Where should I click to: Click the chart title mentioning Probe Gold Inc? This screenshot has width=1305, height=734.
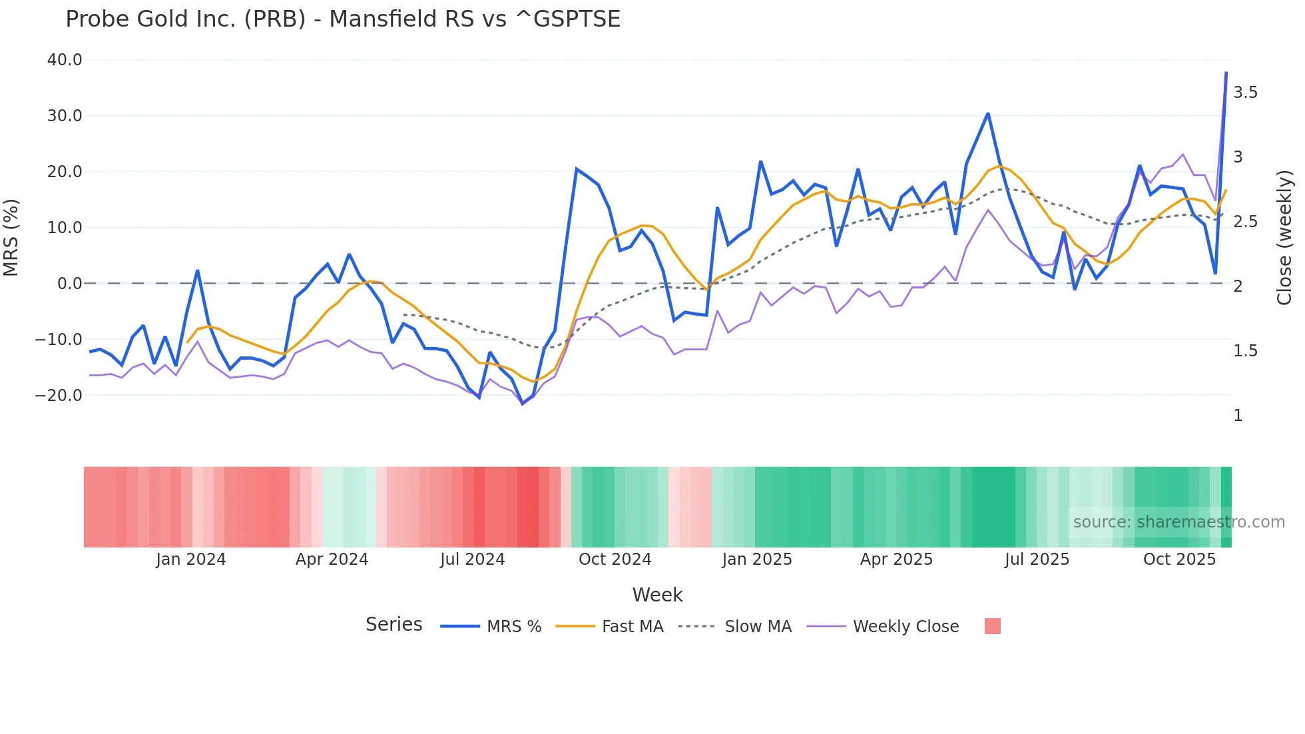342,19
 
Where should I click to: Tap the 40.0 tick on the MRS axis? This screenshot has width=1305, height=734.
65,60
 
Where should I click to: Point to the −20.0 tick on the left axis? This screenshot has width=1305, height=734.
59,395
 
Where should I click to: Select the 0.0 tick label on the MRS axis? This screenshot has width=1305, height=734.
69,284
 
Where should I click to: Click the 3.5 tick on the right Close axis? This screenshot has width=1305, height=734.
1245,93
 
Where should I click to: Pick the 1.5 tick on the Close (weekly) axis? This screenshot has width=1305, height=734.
1245,351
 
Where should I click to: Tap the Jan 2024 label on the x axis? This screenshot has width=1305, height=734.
190,559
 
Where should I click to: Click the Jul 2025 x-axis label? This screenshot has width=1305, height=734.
1036,559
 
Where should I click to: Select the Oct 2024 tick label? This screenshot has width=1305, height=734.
615,559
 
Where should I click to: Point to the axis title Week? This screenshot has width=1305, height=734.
657,595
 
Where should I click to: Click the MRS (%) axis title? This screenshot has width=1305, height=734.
11,237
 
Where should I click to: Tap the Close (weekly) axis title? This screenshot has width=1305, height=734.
1284,238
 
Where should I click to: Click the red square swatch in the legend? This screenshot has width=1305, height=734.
992,626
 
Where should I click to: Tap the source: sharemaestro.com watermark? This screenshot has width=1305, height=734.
1178,522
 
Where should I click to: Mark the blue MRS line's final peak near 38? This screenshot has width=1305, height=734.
1226,73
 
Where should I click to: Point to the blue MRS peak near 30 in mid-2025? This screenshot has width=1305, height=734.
988,114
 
